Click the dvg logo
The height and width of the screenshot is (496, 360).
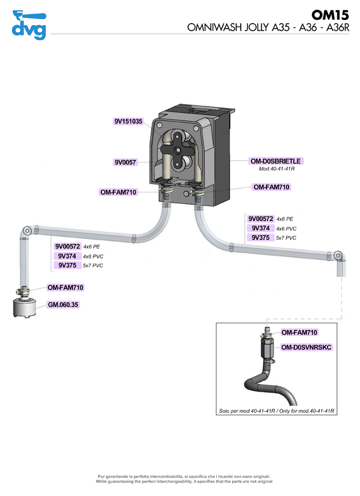coord(29,25)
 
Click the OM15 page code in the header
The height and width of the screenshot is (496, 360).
coord(330,15)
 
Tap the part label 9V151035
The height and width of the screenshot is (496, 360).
coord(128,121)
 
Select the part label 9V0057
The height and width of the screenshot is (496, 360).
coord(125,162)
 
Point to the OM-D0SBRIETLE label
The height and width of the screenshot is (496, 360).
coord(276,161)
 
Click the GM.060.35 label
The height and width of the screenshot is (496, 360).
coord(63,305)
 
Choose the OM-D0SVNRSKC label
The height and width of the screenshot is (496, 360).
coord(306,347)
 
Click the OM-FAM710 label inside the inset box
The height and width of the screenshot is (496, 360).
coord(299,333)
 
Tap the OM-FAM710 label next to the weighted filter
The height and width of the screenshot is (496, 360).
coord(65,287)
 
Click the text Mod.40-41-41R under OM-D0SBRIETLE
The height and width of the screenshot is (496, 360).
coord(277,169)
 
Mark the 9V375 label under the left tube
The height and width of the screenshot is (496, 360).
coord(67,265)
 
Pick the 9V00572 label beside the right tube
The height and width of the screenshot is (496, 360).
coord(261,219)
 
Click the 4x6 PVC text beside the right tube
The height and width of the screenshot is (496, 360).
coord(286,229)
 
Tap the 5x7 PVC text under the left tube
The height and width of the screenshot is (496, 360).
coord(93,266)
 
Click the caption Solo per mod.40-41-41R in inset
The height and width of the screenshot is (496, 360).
coord(247,411)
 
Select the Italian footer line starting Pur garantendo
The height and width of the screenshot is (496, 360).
coord(184,476)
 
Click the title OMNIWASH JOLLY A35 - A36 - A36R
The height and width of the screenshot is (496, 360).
coord(268,28)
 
